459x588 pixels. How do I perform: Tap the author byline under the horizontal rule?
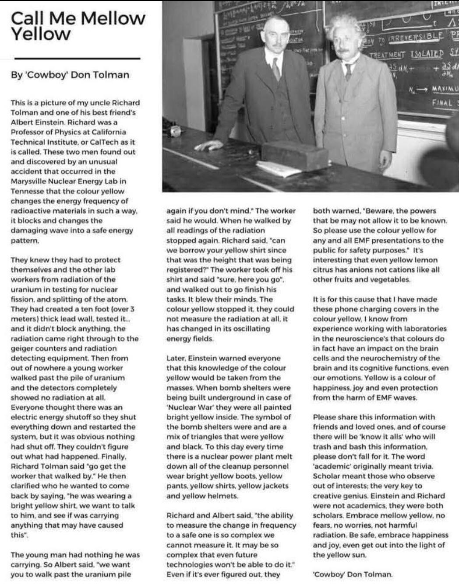(x=70, y=75)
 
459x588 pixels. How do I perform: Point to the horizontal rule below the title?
(x=77, y=58)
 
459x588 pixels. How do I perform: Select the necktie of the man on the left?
(x=276, y=69)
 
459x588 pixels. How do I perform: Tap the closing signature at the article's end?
(x=353, y=574)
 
